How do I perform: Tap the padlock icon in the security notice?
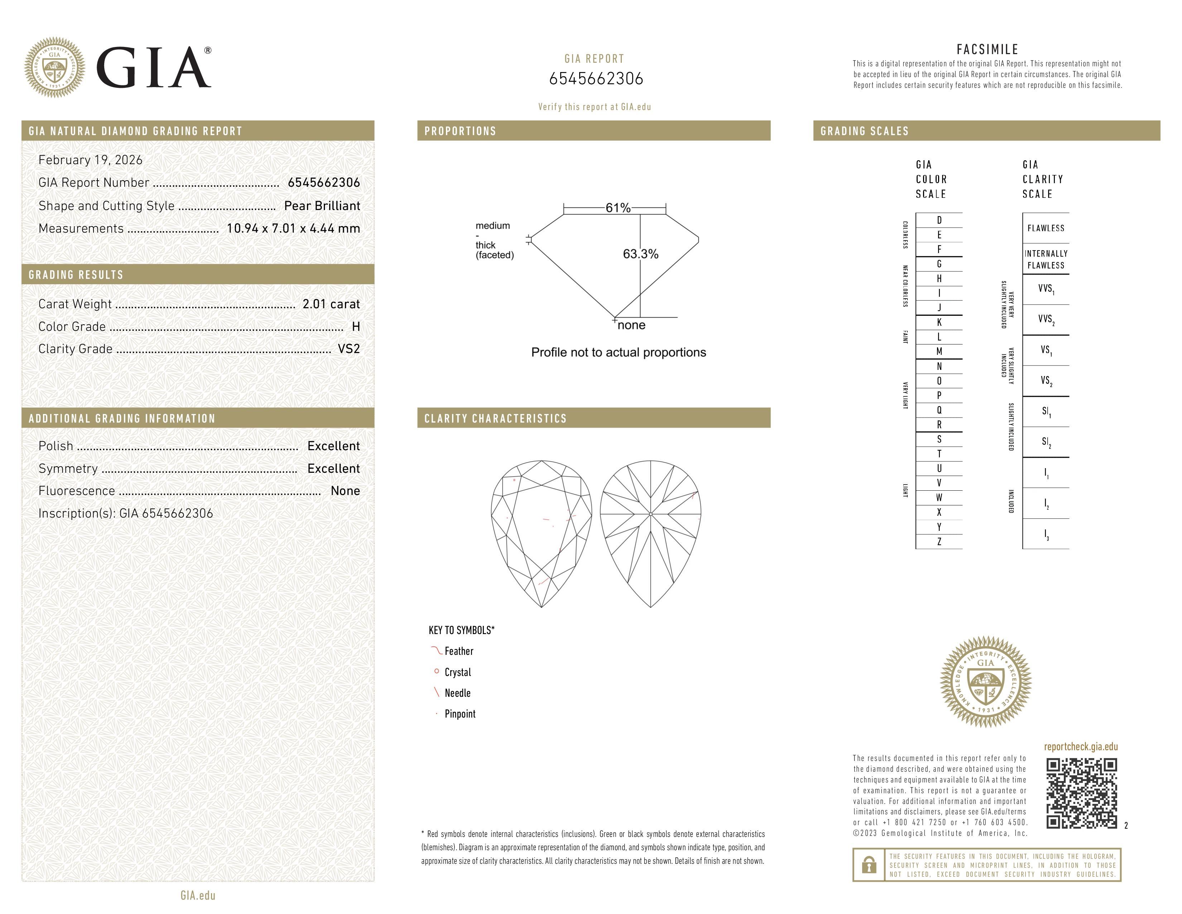[x=869, y=865]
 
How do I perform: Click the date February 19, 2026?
[x=90, y=160]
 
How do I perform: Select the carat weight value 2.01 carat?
[x=331, y=304]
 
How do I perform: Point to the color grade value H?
[x=356, y=327]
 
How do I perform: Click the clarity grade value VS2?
[x=349, y=349]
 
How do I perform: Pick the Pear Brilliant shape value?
[x=322, y=206]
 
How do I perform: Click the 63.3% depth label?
[x=640, y=254]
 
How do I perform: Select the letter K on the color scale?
[x=939, y=322]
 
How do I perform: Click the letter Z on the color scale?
[x=939, y=542]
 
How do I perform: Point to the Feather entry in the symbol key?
[x=458, y=651]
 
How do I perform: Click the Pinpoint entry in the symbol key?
[x=460, y=714]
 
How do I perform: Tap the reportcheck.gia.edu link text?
[x=1081, y=747]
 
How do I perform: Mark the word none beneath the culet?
[x=631, y=325]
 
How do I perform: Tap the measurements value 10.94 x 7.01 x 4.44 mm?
[x=293, y=229]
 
